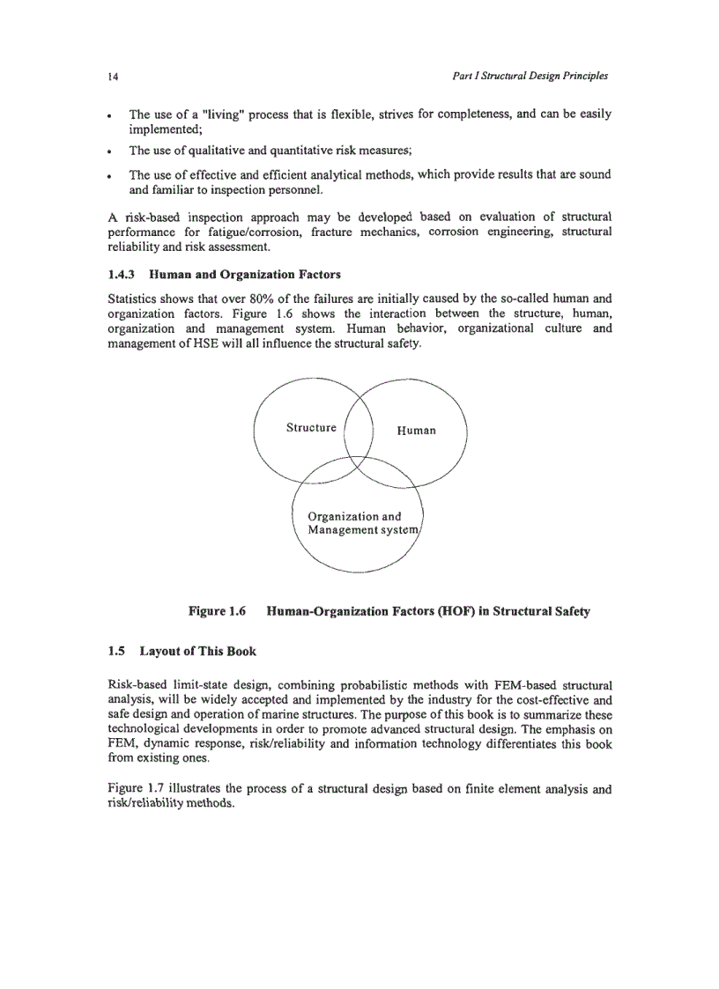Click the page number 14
(113, 77)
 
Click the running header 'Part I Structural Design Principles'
(530, 77)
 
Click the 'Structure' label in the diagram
(311, 428)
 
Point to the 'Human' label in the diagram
(416, 431)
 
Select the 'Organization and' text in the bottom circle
(354, 516)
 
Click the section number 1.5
(116, 653)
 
